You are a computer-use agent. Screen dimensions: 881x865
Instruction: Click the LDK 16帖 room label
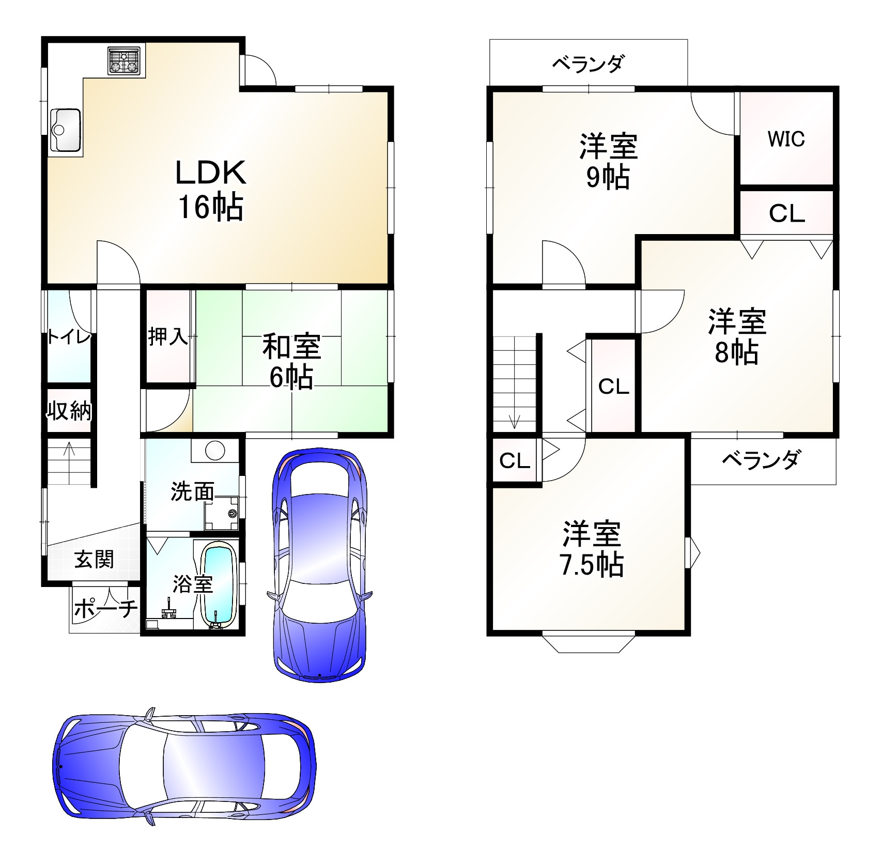[211, 190]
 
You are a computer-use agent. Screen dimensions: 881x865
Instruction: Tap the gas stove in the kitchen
[124, 61]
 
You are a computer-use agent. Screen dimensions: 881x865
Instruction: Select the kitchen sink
[65, 130]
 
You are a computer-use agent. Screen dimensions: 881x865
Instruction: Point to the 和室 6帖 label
[291, 361]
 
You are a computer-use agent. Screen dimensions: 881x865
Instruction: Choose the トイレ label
[69, 337]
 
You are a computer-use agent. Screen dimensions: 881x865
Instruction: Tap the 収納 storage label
[69, 411]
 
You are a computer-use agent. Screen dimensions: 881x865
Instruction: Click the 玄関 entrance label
[94, 559]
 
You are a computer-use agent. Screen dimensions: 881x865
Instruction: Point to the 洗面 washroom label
[192, 492]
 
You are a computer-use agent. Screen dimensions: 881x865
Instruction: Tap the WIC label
[786, 139]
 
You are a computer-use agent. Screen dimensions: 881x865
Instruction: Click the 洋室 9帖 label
[608, 161]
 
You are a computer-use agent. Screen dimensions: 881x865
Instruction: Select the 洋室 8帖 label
[737, 336]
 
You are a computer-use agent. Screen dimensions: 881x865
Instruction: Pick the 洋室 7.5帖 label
[592, 549]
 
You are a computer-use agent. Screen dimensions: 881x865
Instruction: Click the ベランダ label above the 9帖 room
[589, 64]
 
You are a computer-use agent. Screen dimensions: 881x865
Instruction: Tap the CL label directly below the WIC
[787, 213]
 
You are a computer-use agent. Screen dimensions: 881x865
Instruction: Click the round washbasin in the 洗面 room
[215, 451]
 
